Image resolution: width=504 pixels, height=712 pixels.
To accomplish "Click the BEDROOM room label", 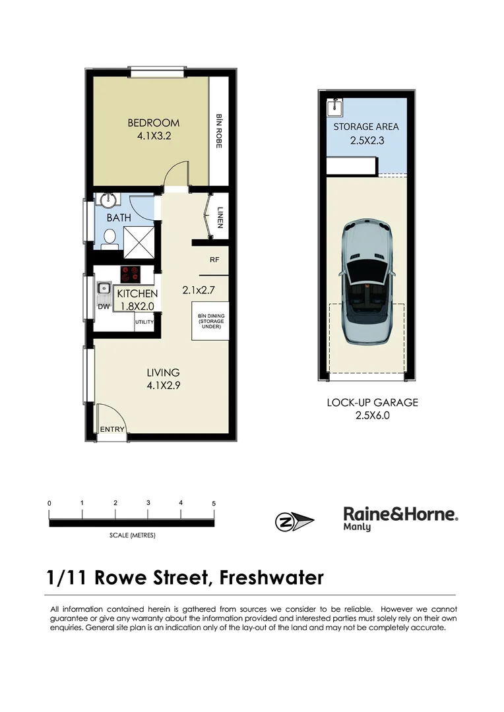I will click(153, 123).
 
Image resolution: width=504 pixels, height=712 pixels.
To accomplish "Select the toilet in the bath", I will click(110, 238).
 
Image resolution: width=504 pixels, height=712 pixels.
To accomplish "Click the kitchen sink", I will click(104, 288).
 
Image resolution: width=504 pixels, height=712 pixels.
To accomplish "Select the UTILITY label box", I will click(144, 322).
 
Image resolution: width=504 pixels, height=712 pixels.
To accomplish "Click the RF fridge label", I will click(214, 260).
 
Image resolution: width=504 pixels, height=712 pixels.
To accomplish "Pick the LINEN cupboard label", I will click(220, 217).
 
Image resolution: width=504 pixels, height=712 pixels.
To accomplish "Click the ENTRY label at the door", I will click(112, 430).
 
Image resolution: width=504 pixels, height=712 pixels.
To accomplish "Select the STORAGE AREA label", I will click(365, 127).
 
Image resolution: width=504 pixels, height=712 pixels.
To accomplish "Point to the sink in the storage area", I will click(335, 105).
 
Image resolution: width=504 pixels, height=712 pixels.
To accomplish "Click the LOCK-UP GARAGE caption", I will click(372, 402).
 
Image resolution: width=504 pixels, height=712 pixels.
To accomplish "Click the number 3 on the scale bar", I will click(148, 503).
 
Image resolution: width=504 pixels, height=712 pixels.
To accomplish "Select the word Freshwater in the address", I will click(271, 578).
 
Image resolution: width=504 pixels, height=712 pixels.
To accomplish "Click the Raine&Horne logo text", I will click(400, 514).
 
